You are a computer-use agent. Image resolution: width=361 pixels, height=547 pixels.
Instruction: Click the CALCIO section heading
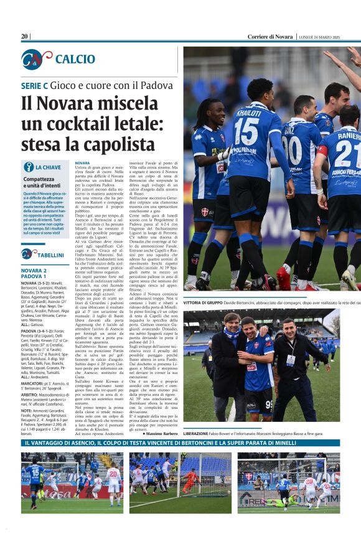pyautogui.click(x=75, y=59)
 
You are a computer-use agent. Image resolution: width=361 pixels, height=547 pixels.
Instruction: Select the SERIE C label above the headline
pyautogui.click(x=35, y=85)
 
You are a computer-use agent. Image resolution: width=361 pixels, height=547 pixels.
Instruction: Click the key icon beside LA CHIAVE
pyautogui.click(x=27, y=167)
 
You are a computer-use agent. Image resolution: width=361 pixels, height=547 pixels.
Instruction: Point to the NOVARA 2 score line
pyautogui.click(x=34, y=271)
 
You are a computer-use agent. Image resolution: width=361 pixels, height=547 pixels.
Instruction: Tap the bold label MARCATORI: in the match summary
pyautogui.click(x=34, y=384)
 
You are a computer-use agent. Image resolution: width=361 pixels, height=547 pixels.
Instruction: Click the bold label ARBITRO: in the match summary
pyautogui.click(x=32, y=395)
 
